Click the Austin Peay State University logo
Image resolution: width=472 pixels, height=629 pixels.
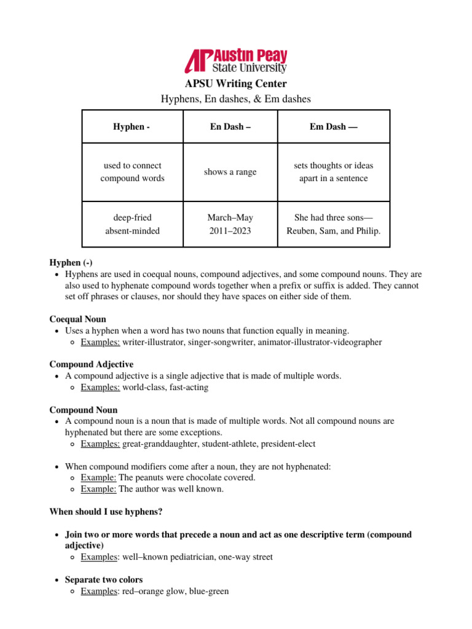(236, 61)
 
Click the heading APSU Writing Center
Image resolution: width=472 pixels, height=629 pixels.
(236, 84)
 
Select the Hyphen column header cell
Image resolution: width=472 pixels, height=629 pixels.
(132, 127)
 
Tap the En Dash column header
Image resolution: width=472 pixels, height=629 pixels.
(230, 127)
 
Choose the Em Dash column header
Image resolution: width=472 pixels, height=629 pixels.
(334, 127)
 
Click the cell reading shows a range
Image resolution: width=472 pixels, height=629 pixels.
(230, 172)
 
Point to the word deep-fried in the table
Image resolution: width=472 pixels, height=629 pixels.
(132, 217)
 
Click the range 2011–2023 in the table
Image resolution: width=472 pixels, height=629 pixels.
(230, 231)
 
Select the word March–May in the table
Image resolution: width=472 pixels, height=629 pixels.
(230, 217)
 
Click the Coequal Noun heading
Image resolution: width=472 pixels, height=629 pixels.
(77, 319)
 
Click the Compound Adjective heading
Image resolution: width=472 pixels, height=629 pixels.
(91, 364)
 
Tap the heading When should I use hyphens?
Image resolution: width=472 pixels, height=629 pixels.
(106, 512)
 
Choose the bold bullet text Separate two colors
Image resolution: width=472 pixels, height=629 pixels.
(104, 579)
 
